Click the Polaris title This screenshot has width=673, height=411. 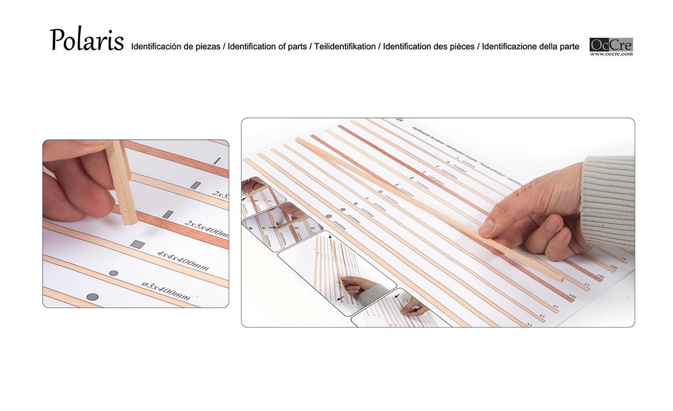pos(86,40)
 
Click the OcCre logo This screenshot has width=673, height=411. pos(611,44)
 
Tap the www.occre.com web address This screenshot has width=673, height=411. pos(611,54)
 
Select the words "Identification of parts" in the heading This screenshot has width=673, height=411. pos(268,47)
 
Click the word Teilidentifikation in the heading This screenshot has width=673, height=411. pos(345,47)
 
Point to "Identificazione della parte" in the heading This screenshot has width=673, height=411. pos(531,47)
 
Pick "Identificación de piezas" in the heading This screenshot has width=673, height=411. pos(176,47)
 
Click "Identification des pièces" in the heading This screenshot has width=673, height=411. pos(429,47)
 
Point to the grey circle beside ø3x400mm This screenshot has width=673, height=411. pos(114,273)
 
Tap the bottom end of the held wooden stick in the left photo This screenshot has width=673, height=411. pos(130,221)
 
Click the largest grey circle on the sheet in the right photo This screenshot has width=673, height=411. pos(328,216)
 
